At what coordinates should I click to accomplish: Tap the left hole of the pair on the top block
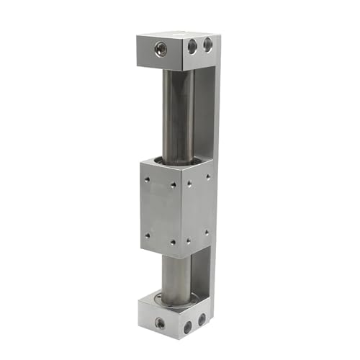(x=192, y=47)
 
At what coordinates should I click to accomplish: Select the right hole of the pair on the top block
(x=208, y=45)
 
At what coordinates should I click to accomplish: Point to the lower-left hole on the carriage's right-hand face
(x=189, y=240)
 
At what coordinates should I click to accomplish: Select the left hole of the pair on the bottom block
(x=188, y=326)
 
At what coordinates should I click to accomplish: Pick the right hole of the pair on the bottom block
(x=202, y=318)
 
